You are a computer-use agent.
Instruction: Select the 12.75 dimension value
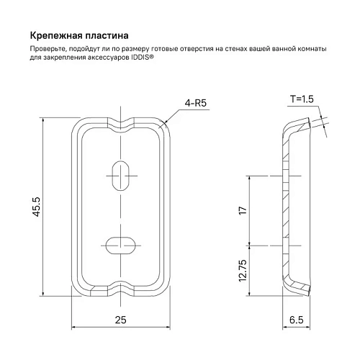click(x=243, y=271)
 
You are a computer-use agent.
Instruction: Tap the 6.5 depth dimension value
click(x=297, y=319)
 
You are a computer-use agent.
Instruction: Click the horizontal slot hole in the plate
click(x=120, y=244)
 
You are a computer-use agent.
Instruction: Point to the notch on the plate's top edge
click(x=120, y=123)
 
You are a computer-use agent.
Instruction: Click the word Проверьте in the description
click(x=48, y=48)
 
